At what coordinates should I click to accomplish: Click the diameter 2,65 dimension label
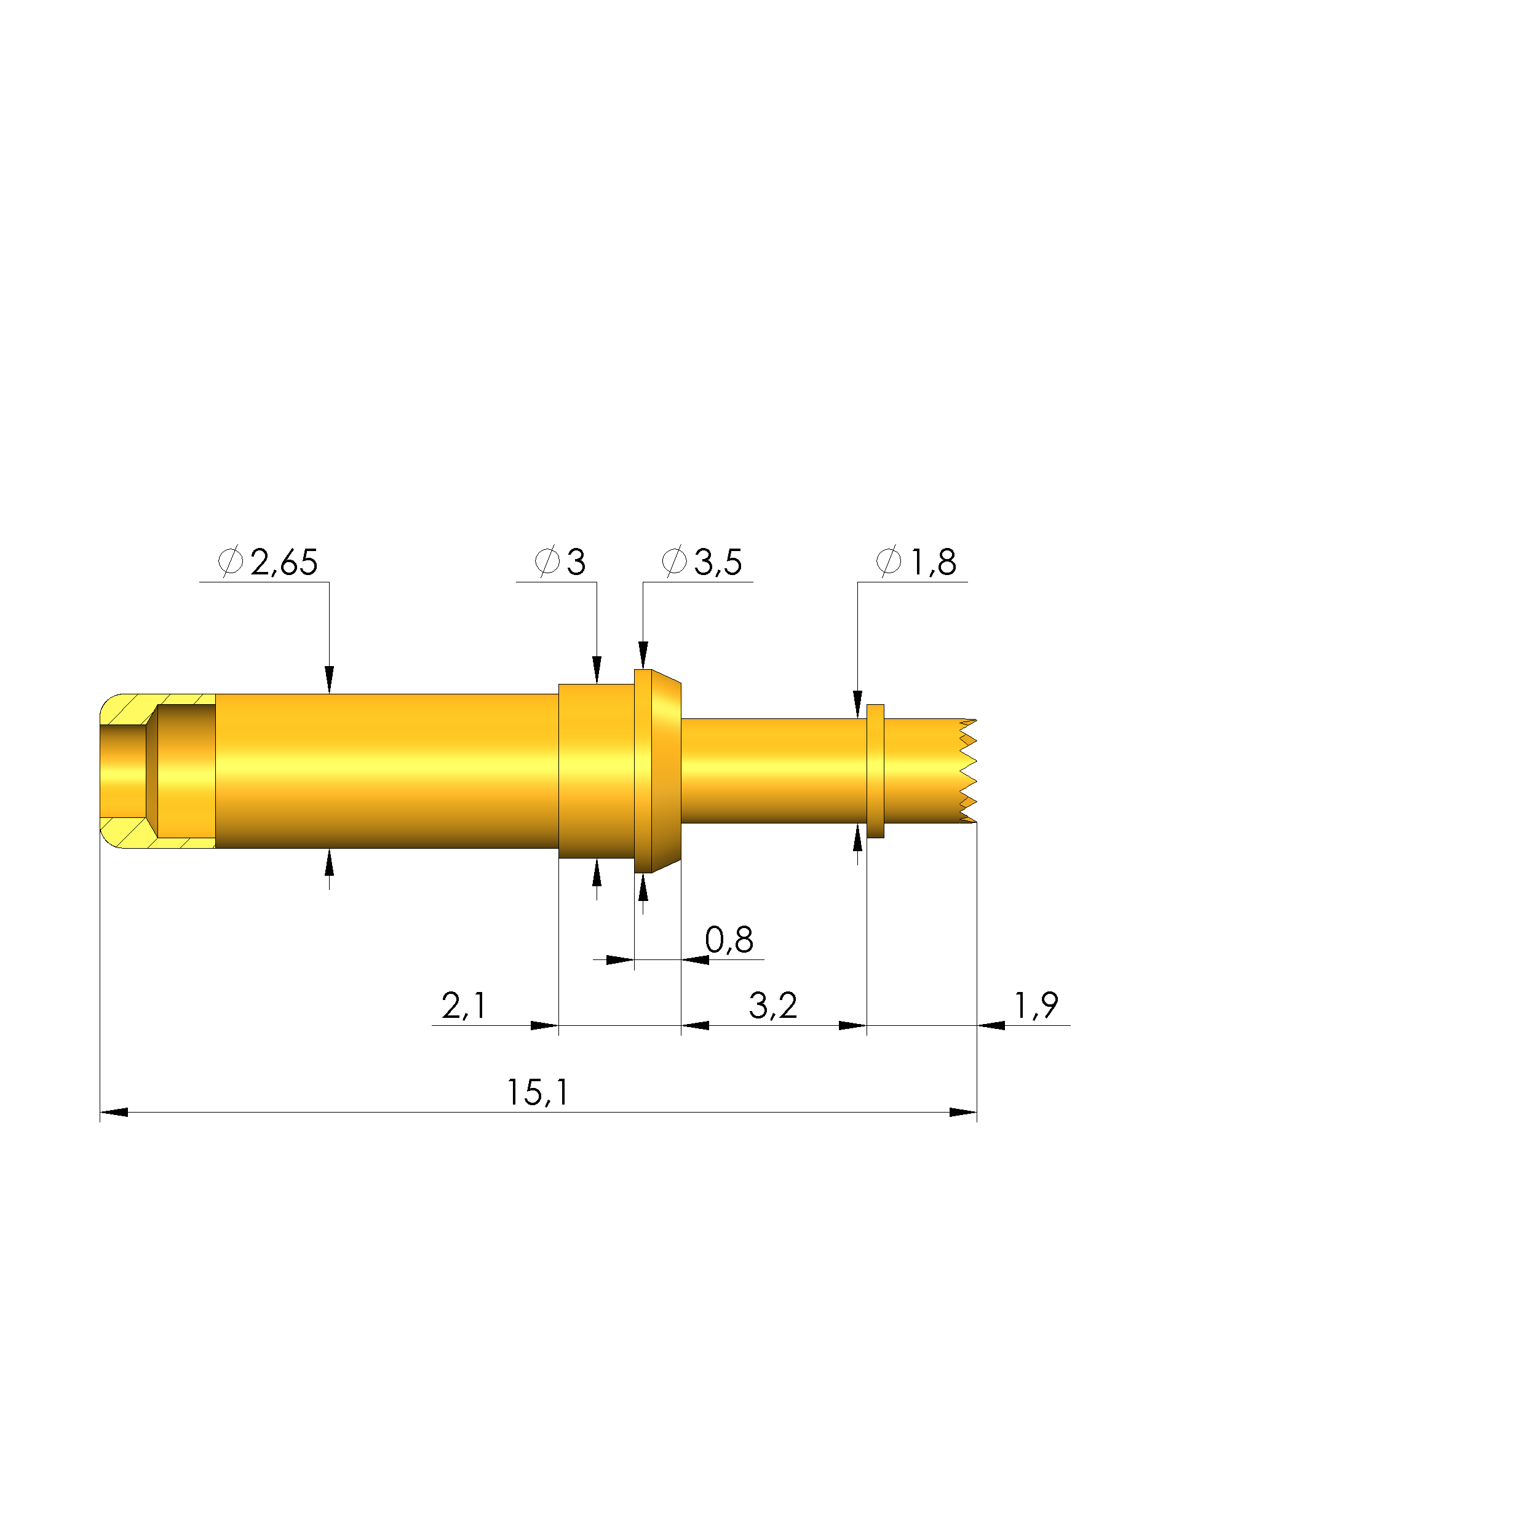(268, 562)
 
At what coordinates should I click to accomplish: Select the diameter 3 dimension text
(560, 562)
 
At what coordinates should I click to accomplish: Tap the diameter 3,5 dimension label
(702, 562)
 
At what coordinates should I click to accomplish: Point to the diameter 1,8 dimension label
(916, 562)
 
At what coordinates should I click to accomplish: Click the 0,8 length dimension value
(729, 940)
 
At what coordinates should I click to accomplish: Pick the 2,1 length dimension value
(464, 1006)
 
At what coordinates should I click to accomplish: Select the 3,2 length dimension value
(773, 1006)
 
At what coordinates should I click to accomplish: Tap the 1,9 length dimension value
(1036, 1006)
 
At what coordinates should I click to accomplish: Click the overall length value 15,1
(538, 1093)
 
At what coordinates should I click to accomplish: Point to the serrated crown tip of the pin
(967, 771)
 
